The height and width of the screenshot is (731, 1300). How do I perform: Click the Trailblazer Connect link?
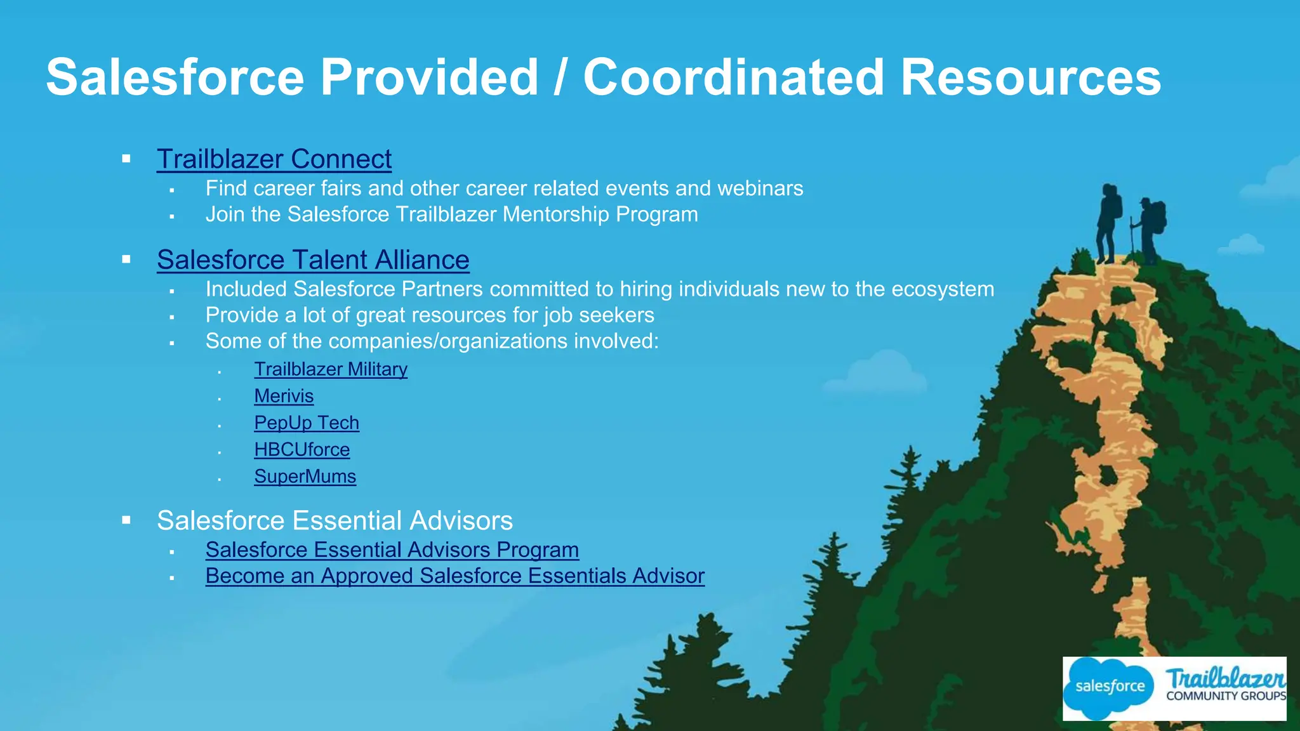coord(274,159)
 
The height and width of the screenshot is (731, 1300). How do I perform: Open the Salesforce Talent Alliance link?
coord(313,260)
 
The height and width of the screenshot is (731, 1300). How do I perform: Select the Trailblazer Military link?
coord(331,369)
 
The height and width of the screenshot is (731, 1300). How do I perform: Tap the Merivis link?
coord(284,396)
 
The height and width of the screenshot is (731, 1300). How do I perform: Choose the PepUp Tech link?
coord(307,423)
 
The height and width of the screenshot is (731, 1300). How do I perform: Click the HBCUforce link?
coord(302,450)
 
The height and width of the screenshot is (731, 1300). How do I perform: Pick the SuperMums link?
coord(305,477)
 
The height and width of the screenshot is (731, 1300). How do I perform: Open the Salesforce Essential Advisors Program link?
coord(392,550)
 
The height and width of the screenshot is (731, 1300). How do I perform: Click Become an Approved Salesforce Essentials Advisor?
coord(454,576)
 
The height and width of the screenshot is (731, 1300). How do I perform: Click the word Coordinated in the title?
coord(733,77)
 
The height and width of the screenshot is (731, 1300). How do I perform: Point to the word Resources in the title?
coord(1030,77)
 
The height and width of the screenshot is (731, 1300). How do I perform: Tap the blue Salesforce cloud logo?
coord(1109,687)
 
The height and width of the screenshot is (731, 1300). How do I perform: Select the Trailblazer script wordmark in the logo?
coord(1225,678)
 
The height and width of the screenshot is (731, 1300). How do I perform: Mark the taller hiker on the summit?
coord(1108,222)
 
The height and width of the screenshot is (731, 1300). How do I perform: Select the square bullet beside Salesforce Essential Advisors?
coord(126,521)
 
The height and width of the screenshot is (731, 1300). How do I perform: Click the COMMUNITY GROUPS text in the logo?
coord(1226,696)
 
